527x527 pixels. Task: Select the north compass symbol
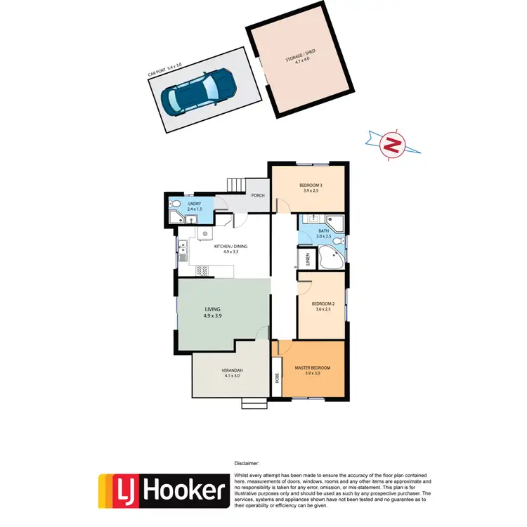pos(393,146)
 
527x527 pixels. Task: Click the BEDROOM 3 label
pos(310,186)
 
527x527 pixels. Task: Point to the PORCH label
pos(257,195)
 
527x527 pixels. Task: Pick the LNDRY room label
pos(186,204)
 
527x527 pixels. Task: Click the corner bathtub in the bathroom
pos(329,258)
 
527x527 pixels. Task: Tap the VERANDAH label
pos(232,372)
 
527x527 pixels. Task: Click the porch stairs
pos(235,184)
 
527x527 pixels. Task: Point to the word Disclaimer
pos(246,464)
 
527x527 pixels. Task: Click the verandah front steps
pos(254,403)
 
